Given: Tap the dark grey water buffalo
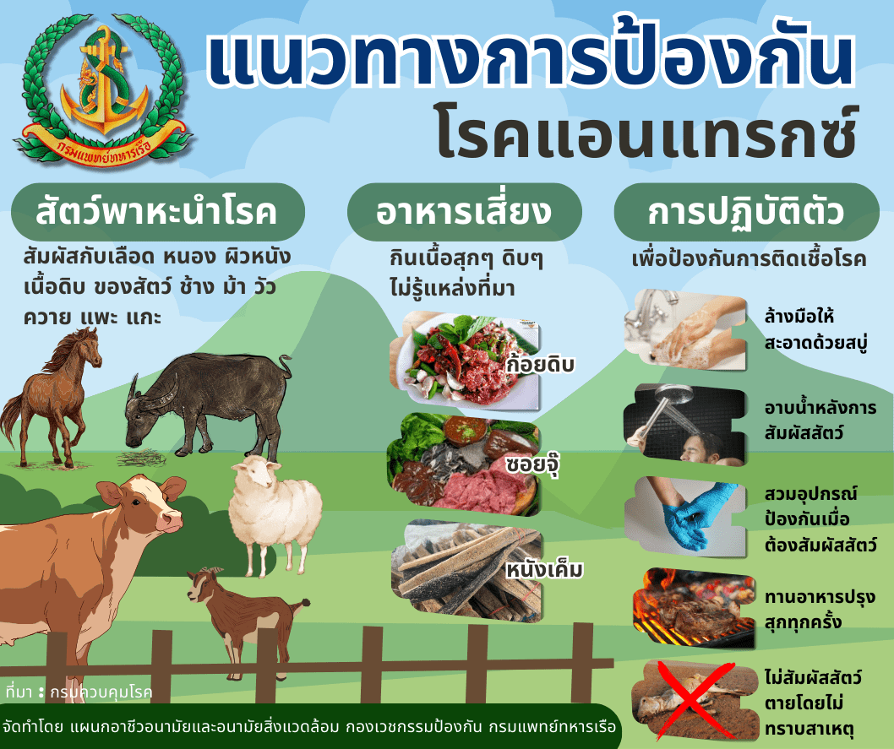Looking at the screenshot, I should pos(207,397).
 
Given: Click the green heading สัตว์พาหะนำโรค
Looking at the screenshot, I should pos(156,212).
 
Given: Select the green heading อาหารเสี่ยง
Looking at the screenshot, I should pos(466,212).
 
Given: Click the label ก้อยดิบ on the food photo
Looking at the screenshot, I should pos(540,364).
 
